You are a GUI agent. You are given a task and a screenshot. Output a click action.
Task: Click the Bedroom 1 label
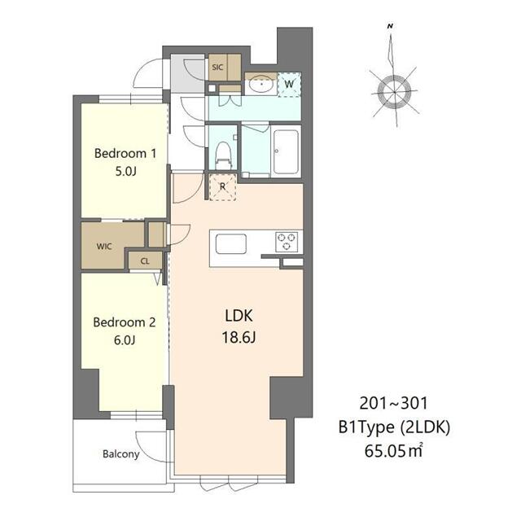[125, 153]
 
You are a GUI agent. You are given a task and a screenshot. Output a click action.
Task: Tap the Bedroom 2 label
[125, 322]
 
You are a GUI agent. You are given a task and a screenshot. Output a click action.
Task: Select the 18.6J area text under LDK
[239, 338]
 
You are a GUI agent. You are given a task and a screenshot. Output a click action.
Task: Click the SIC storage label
[217, 67]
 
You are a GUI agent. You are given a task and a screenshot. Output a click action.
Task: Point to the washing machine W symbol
[289, 84]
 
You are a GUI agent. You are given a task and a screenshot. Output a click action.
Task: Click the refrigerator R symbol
[222, 186]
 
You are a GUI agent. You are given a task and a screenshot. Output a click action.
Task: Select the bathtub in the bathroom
[286, 151]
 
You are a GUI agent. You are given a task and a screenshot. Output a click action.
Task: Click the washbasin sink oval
[261, 84]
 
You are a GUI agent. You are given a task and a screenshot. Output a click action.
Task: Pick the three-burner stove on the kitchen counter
[287, 242]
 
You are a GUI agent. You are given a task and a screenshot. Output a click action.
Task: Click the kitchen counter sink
[231, 244]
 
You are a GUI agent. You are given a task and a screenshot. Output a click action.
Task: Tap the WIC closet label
[104, 246]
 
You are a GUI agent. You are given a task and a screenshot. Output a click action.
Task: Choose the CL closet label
[145, 261]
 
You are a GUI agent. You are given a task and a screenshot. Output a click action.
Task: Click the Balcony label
[121, 454]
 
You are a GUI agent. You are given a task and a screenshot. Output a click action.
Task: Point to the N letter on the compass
[391, 26]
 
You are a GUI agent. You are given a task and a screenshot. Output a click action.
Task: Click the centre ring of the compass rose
[394, 92]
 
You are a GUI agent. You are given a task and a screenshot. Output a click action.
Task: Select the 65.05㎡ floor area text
[393, 451]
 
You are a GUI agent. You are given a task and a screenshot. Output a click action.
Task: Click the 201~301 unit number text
[393, 404]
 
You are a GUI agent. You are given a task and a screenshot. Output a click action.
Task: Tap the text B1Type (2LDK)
[394, 427]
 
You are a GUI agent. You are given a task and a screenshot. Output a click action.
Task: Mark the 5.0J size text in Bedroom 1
[125, 172]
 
